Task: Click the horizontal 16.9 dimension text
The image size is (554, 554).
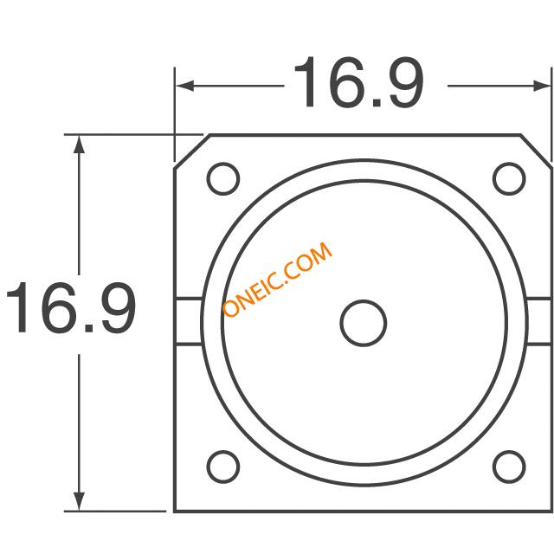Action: [x=359, y=82]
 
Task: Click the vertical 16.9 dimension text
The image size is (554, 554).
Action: [x=71, y=307]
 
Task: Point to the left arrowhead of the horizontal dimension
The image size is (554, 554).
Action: [x=184, y=86]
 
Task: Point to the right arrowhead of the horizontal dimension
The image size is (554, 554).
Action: [x=542, y=86]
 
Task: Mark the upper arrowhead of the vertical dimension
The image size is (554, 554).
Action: [x=79, y=145]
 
